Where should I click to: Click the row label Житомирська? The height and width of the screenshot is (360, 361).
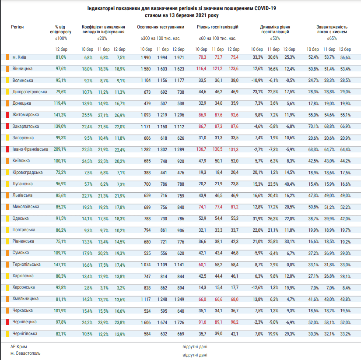[x=25, y=115]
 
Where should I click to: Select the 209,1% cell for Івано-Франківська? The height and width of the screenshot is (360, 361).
[x=60, y=149]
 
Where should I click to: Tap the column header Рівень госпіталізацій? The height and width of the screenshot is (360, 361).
[x=217, y=27]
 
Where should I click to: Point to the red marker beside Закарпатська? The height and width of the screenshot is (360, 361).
[x=7, y=126]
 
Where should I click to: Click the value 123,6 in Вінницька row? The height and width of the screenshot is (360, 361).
[x=234, y=69]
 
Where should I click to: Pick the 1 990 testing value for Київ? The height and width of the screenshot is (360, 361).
[x=146, y=57]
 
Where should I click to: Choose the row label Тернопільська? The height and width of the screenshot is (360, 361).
[x=27, y=265]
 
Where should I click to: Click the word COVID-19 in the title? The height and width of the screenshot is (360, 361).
[x=265, y=8]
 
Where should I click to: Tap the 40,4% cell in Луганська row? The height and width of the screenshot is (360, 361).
[x=290, y=184]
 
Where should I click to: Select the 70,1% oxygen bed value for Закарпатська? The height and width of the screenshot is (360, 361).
[x=314, y=126]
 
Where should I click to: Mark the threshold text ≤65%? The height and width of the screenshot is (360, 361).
[x=332, y=39]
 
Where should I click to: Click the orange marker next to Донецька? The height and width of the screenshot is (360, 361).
[x=7, y=103]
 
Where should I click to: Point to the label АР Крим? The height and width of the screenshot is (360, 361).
[x=19, y=346]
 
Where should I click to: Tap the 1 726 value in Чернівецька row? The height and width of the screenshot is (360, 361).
[x=179, y=322]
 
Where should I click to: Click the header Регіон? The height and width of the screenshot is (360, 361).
[x=17, y=27]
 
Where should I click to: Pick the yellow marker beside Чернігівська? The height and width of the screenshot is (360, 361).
[x=7, y=333]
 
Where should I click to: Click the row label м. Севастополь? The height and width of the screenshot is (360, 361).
[x=25, y=353]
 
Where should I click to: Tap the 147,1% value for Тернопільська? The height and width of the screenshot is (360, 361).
[x=60, y=265]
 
